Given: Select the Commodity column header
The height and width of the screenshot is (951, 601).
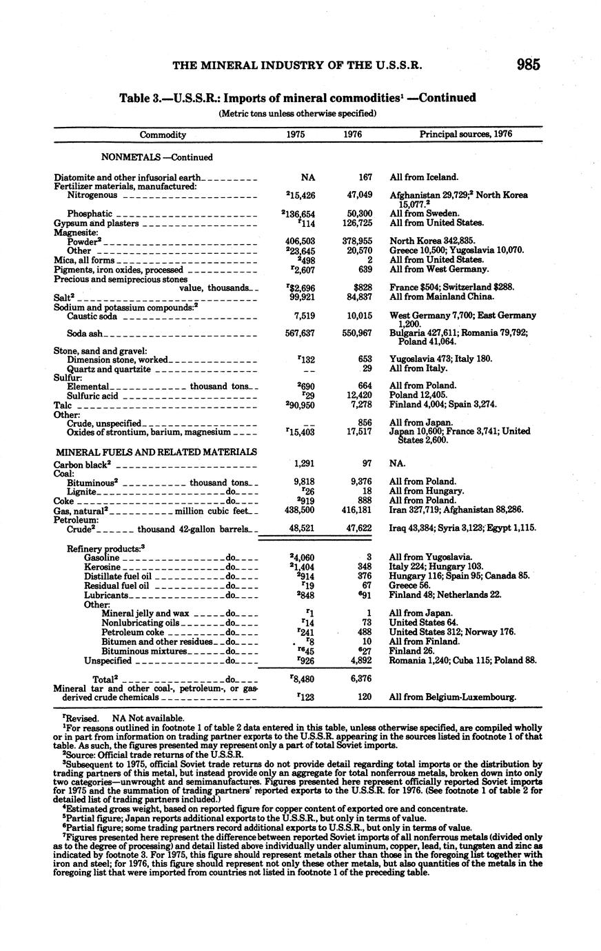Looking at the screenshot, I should coord(163,134).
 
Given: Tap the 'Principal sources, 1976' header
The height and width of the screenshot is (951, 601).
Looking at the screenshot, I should coord(466,134).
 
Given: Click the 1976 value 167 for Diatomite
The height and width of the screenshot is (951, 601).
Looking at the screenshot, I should coord(365,177).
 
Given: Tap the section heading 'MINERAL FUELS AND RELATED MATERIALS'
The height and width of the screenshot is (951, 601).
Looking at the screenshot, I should coord(156,452).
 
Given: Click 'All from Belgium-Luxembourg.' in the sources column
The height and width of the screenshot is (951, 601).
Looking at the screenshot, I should coord(453,697).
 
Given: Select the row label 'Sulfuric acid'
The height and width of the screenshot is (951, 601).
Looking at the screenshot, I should coord(93,396).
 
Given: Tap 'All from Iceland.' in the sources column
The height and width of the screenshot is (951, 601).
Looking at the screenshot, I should coord(424,177).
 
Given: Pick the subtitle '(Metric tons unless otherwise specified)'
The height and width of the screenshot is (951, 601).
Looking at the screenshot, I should coord(297,113).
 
